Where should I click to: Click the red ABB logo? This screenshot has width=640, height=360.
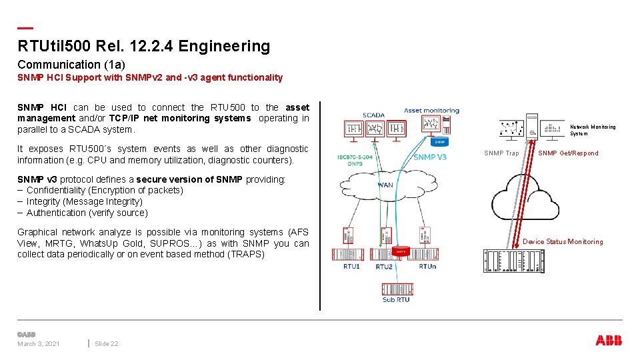click(x=609, y=341)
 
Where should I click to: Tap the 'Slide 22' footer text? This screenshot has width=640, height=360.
click(x=107, y=344)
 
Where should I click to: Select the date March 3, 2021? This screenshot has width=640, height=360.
click(x=39, y=344)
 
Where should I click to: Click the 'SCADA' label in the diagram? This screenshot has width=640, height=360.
click(x=373, y=115)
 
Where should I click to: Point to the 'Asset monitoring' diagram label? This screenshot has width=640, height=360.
click(x=431, y=111)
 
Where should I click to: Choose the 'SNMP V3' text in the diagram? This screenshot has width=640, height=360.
click(x=430, y=157)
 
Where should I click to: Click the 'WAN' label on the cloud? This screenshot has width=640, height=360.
click(x=385, y=185)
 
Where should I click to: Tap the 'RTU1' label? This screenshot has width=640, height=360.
click(x=351, y=266)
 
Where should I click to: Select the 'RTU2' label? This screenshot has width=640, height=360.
click(x=384, y=267)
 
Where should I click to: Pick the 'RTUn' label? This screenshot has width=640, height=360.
click(x=428, y=266)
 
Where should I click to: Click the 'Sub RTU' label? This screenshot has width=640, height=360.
click(x=397, y=299)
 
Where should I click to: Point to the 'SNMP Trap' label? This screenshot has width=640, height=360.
click(x=501, y=153)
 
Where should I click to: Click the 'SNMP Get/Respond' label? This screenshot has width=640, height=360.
click(x=568, y=153)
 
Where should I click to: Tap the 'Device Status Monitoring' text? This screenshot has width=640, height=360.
click(x=563, y=242)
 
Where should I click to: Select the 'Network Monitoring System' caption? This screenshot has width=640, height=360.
click(x=593, y=130)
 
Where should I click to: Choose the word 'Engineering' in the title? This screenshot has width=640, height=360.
click(x=231, y=47)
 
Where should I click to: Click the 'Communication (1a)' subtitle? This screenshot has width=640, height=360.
click(x=71, y=65)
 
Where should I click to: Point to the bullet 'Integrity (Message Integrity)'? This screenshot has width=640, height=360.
click(x=84, y=201)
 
